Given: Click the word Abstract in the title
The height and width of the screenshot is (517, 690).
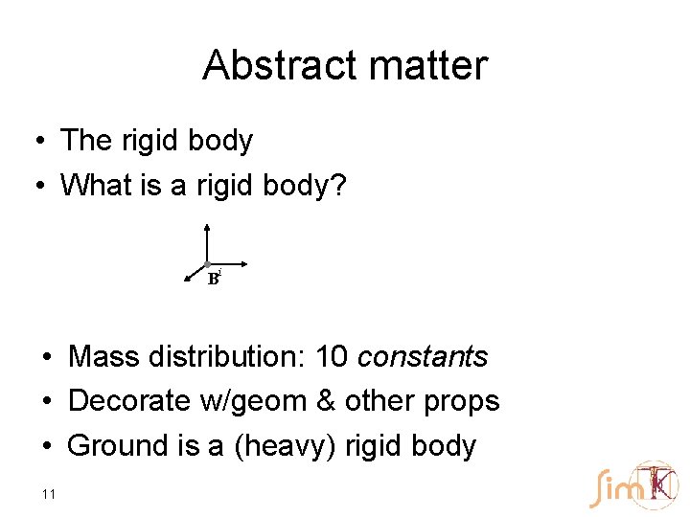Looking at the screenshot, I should [x=278, y=66].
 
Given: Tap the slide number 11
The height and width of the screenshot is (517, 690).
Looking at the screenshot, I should [x=49, y=494].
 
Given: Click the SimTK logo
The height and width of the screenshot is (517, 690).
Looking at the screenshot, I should [x=633, y=485].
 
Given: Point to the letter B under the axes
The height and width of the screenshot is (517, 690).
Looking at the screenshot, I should [x=213, y=280].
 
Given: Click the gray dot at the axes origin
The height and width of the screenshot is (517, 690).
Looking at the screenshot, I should [x=207, y=264].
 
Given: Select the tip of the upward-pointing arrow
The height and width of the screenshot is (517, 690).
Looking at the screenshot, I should [x=207, y=226].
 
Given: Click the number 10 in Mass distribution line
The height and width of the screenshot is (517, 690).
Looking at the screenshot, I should [x=332, y=357].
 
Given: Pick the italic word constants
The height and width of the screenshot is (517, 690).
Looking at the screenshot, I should [x=423, y=357].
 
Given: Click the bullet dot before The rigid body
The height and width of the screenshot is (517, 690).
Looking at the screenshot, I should [x=34, y=142].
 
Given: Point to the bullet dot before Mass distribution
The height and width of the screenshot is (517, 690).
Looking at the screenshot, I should [x=47, y=358].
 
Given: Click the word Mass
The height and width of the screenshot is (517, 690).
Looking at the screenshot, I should [x=104, y=357].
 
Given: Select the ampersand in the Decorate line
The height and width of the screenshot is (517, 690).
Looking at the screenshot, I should [x=325, y=400].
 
